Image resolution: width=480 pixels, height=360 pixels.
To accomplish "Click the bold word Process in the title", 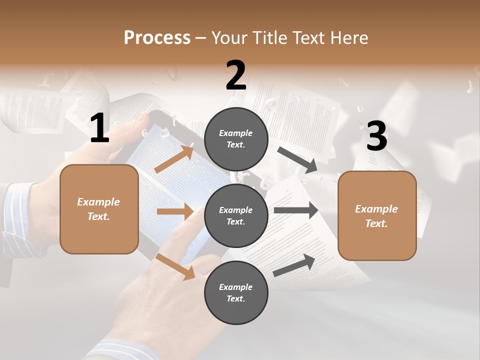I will tap(157, 37).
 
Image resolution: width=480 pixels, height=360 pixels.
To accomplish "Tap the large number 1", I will tap(99, 128).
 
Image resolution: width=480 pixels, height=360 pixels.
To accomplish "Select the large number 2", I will tap(236, 75).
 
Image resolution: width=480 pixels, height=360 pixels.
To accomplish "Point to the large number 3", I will tap(376, 136).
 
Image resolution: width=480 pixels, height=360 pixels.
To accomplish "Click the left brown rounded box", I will tap(99, 209).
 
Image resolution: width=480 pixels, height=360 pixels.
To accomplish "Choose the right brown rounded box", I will tap(377, 215).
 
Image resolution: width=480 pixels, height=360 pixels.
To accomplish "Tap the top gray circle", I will tap(236, 139).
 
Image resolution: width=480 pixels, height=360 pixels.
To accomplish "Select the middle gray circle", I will tap(236, 215).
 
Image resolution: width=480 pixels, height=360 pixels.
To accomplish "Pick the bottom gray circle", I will tap(236, 292).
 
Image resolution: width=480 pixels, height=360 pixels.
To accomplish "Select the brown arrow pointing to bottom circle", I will tap(175, 266).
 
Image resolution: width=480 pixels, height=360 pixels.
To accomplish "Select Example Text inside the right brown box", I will tap(376, 216).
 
